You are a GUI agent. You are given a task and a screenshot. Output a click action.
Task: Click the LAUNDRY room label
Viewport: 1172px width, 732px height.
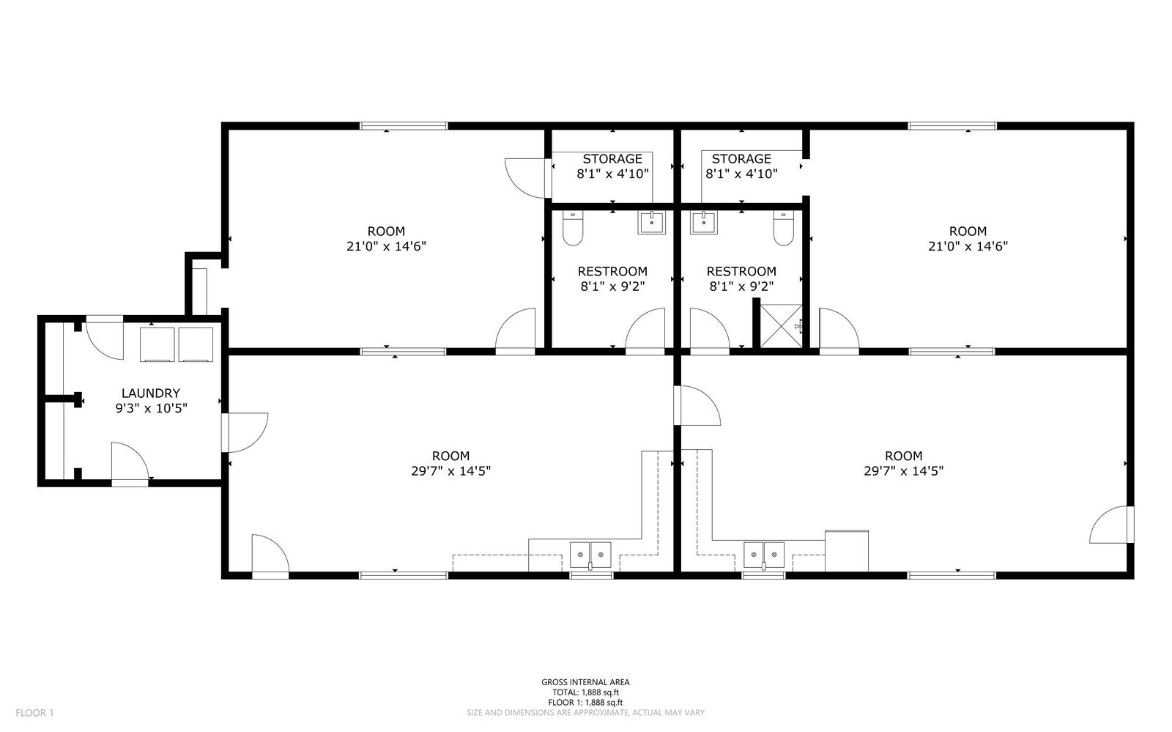coord(151,393)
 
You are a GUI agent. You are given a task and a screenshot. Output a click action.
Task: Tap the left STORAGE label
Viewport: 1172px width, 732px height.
coord(612,158)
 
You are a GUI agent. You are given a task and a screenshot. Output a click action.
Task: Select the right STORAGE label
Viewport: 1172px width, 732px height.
coord(741,158)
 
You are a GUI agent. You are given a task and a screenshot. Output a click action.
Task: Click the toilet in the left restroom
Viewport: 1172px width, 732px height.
coord(573,228)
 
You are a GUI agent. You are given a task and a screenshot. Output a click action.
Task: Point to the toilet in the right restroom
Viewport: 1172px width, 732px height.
coord(784,228)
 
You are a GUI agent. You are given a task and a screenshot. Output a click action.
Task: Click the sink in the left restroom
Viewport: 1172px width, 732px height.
coord(651,223)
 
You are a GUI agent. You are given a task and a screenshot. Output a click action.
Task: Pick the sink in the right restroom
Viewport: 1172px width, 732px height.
coord(704,223)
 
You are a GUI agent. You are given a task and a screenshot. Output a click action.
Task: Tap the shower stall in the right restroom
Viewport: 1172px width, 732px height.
coord(781,325)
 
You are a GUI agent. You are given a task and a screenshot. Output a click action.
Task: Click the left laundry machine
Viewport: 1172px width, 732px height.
coord(157,344)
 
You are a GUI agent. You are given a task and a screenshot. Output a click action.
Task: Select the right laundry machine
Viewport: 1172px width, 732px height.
coord(196,344)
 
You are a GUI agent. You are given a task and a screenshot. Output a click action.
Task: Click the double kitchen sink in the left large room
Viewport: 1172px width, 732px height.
coord(590,555)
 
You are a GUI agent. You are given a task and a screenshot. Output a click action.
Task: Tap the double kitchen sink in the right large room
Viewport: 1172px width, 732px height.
coord(764,555)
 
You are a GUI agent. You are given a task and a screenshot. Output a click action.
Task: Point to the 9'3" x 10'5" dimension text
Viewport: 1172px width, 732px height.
coord(151,408)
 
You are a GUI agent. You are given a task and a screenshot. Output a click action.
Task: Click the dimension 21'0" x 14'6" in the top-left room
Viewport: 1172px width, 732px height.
coord(386,246)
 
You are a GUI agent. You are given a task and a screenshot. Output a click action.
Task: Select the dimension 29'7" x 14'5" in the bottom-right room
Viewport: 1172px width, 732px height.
coord(904,471)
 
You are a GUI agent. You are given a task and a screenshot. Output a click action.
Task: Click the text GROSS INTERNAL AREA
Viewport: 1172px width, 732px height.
coord(585,681)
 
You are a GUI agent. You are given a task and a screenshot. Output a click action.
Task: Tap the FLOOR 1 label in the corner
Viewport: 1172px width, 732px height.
coord(34,713)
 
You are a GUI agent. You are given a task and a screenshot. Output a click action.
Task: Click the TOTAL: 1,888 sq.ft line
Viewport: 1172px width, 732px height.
coord(585,692)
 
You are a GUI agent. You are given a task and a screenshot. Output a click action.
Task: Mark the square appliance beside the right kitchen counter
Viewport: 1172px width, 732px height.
coord(847,551)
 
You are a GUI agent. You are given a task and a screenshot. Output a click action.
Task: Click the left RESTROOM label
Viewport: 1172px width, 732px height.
coord(612,271)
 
